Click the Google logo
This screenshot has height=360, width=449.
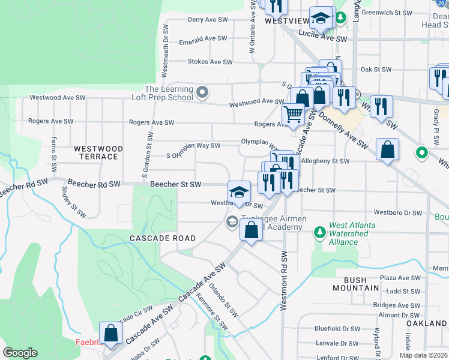20,353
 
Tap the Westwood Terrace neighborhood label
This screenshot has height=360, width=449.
98,152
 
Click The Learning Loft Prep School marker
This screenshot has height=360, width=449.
202,92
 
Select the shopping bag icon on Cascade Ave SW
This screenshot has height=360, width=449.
251,229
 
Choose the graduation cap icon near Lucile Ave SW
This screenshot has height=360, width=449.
321,18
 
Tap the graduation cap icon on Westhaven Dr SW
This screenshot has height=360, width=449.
239,192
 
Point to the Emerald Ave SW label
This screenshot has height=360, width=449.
207,38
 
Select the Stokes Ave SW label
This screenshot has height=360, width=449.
209,62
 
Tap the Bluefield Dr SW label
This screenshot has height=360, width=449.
337,329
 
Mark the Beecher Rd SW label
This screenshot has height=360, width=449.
94,183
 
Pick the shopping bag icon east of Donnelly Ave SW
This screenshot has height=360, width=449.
388,150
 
